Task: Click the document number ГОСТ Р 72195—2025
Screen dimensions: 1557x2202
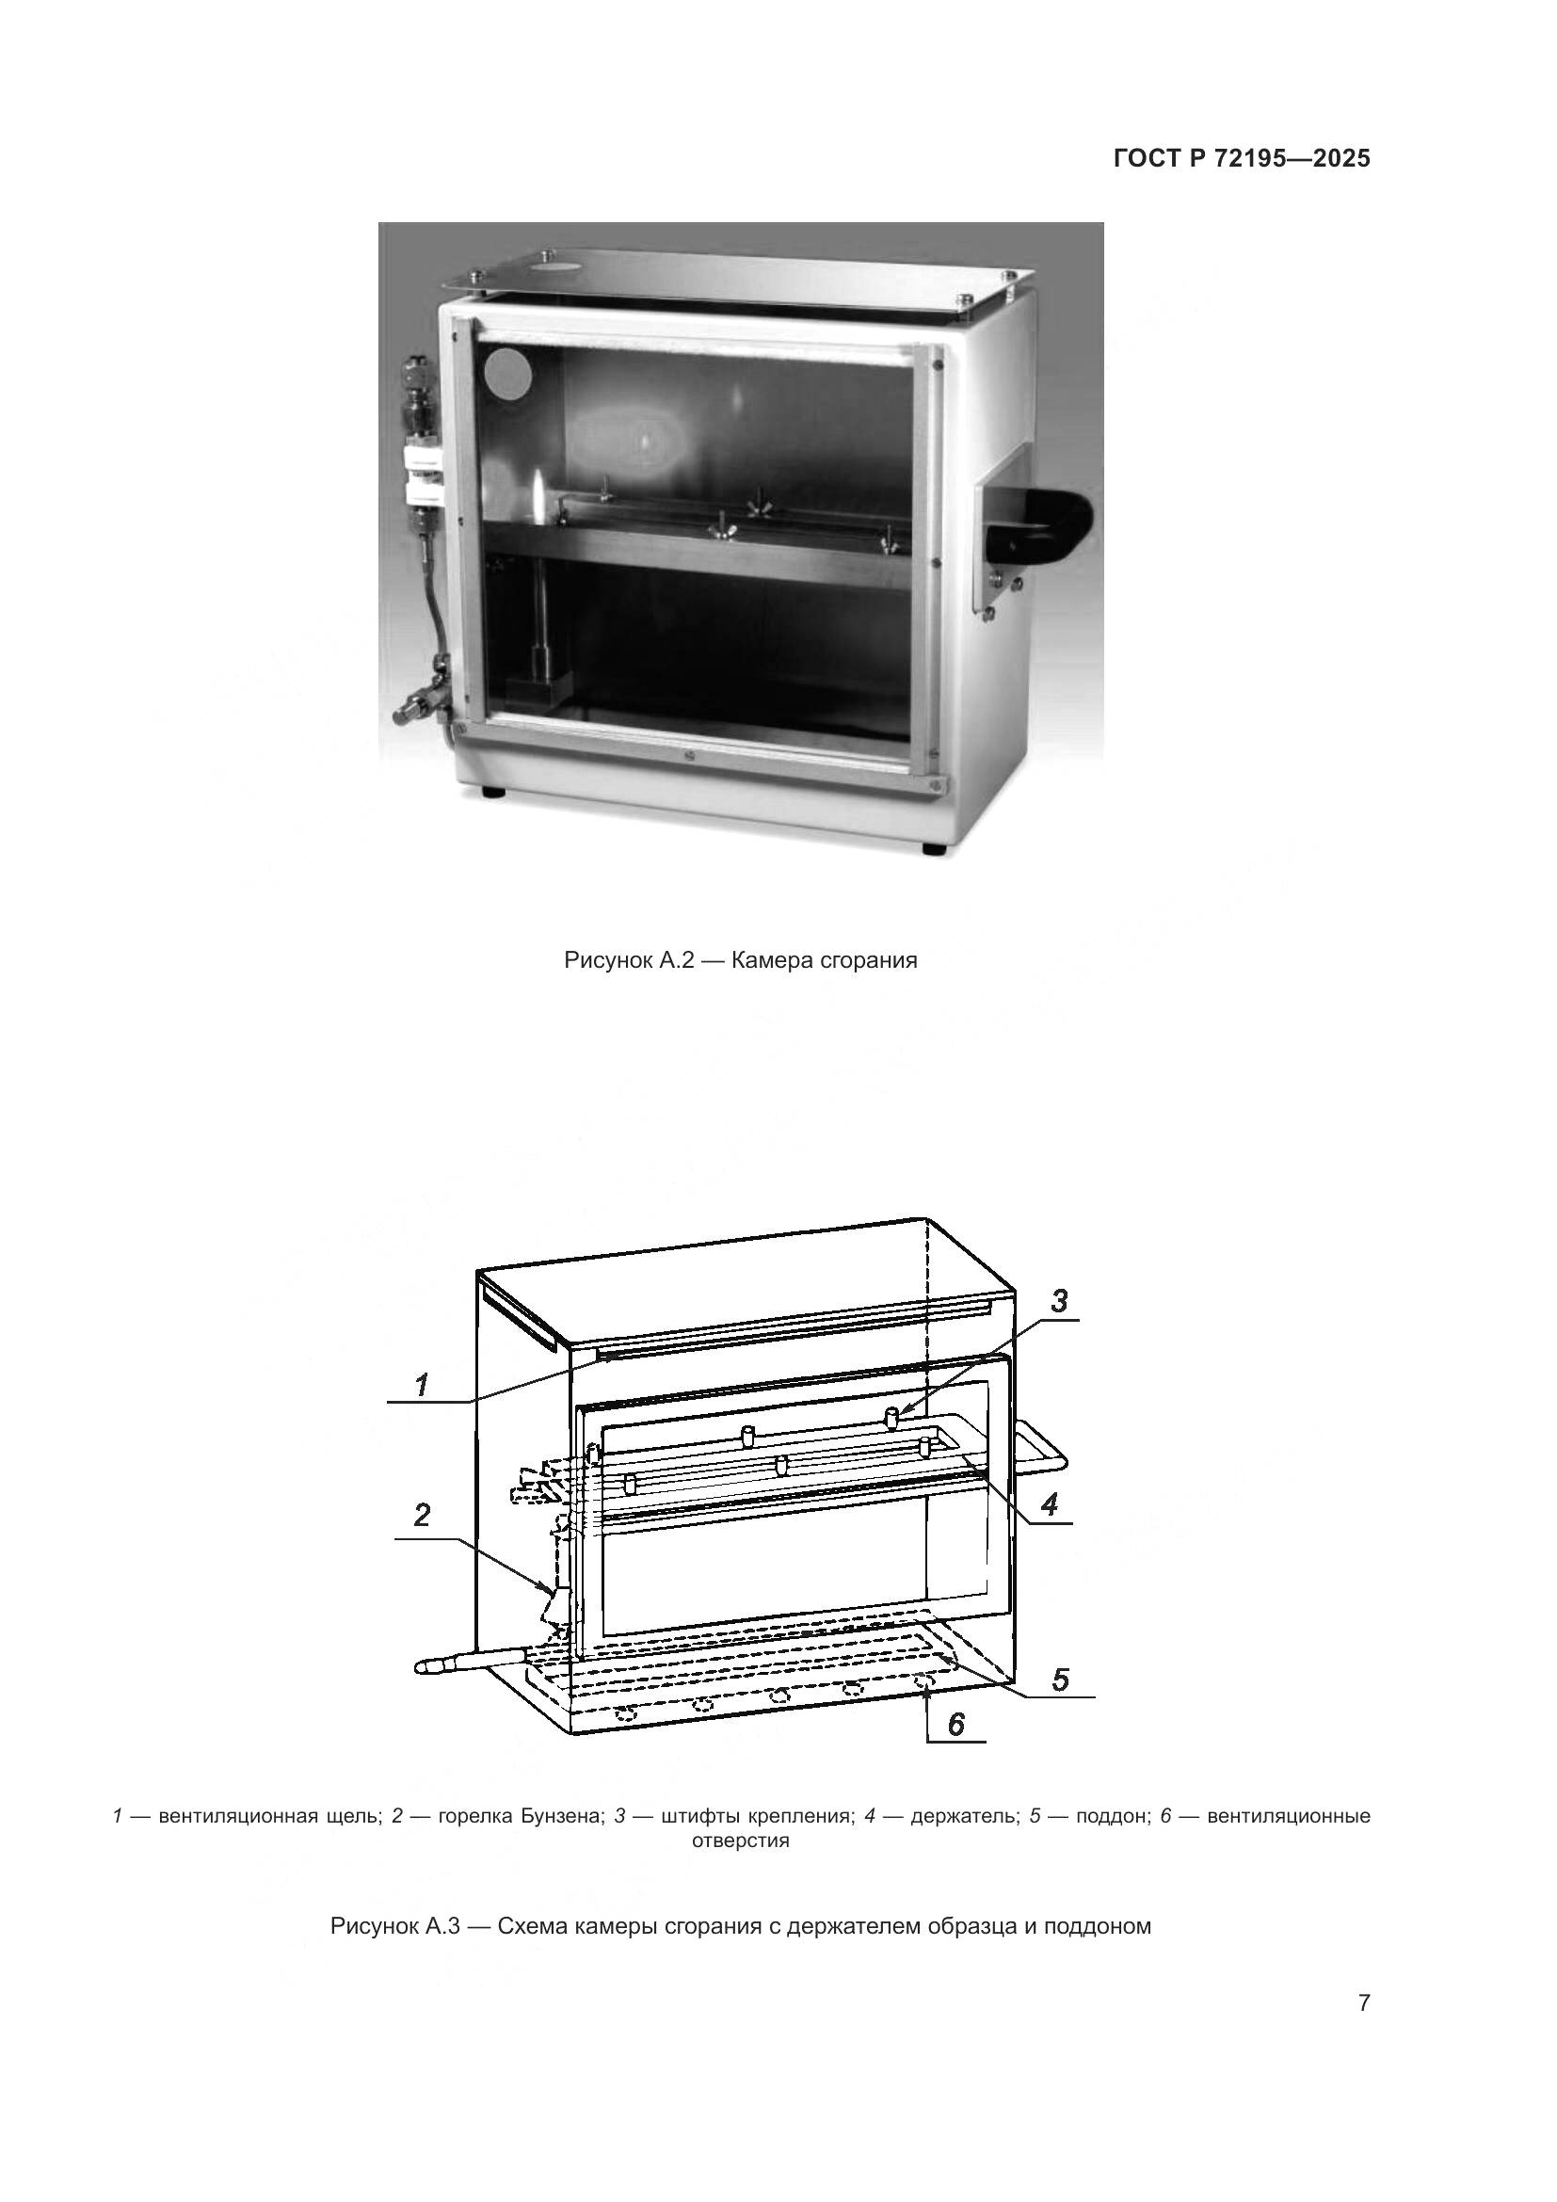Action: [1242, 158]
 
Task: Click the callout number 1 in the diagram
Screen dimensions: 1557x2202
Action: [421, 1385]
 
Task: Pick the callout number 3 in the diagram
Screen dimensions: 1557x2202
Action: [1059, 1301]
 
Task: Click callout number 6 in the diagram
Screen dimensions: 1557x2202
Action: [955, 1725]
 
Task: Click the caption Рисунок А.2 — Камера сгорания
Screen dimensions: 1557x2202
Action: [741, 961]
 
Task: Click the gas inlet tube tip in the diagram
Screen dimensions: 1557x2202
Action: [422, 1667]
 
